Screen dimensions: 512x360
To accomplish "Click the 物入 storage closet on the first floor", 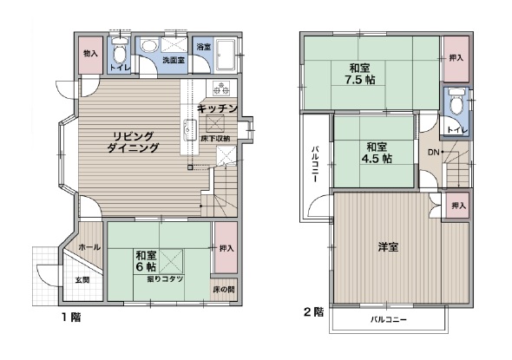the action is point(90,56).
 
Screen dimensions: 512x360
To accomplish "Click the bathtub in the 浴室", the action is point(226,56).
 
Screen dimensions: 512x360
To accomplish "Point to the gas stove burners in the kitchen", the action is point(221,88).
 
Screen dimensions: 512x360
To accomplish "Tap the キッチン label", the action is point(217,108).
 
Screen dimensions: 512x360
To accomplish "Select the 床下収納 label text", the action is point(215,139).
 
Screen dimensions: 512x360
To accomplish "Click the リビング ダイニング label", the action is point(133,142).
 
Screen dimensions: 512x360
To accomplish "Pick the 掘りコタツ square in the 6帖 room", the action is point(171,261).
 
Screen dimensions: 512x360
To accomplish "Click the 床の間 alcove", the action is point(224,290).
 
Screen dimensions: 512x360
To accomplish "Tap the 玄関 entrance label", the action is point(82,280).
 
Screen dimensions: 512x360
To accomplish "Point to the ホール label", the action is point(89,247).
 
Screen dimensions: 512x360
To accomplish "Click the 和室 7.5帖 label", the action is point(360,74).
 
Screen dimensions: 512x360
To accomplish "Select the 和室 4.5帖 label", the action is point(377,153).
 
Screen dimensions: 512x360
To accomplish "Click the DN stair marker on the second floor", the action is point(433,152).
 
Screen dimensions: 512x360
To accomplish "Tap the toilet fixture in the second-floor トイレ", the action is point(456,101).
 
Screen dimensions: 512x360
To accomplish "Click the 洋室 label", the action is point(388,247).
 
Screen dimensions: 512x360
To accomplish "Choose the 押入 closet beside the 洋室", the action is point(457,206).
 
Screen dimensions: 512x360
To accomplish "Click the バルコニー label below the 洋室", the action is point(389,319).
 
